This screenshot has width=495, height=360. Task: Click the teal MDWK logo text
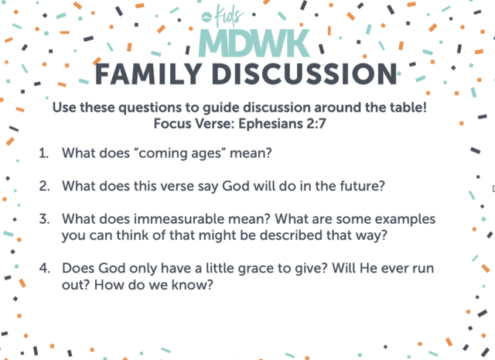(x=254, y=43)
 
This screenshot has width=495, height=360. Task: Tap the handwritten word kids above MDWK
(x=229, y=15)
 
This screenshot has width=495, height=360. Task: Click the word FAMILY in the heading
(x=148, y=74)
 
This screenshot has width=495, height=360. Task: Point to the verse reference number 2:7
(x=316, y=123)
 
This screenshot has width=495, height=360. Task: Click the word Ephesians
(x=271, y=124)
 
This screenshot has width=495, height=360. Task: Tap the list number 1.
(x=43, y=153)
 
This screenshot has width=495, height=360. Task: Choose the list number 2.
(x=44, y=186)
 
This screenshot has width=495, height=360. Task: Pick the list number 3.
(x=44, y=219)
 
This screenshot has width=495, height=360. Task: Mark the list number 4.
(x=45, y=268)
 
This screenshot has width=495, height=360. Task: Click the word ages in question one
(x=203, y=154)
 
